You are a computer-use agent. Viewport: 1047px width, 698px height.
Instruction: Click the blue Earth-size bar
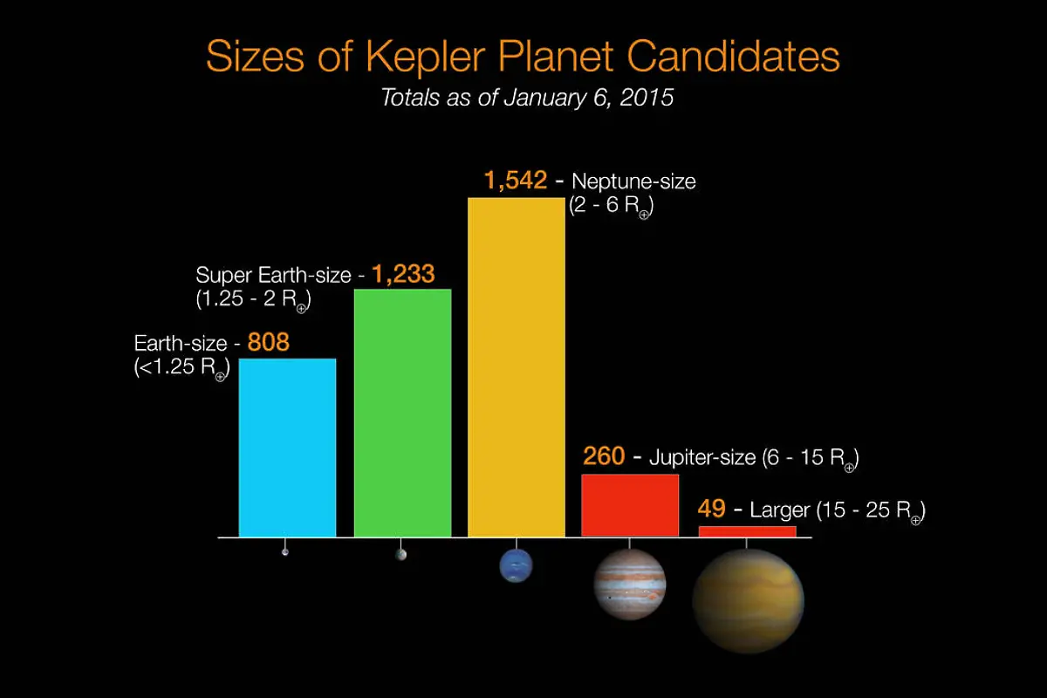point(287,448)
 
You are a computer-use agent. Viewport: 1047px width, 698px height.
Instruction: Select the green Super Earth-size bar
point(402,413)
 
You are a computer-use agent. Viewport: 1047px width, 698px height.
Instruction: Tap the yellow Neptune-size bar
point(517,366)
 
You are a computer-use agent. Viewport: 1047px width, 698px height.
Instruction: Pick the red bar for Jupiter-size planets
point(630,505)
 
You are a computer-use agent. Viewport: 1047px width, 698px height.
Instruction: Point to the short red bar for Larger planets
point(747,531)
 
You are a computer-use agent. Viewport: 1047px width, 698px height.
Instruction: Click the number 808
point(268,342)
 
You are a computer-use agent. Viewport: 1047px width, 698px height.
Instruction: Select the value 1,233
point(403,274)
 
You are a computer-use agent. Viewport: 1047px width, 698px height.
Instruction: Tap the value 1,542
point(516,181)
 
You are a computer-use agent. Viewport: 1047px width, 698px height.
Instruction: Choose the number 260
point(603,456)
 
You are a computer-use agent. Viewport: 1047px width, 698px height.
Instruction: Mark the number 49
point(712,509)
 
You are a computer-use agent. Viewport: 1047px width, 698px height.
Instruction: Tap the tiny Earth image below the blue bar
point(285,552)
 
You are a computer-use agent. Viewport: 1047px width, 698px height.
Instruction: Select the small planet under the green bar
point(400,554)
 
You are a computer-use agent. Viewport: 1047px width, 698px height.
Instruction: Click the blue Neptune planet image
point(516,566)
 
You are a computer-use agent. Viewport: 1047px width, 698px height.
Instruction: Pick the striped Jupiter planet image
point(630,584)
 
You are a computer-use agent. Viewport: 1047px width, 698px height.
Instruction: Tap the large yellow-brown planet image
point(748,600)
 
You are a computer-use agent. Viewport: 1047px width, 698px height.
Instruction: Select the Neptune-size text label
point(633,182)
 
